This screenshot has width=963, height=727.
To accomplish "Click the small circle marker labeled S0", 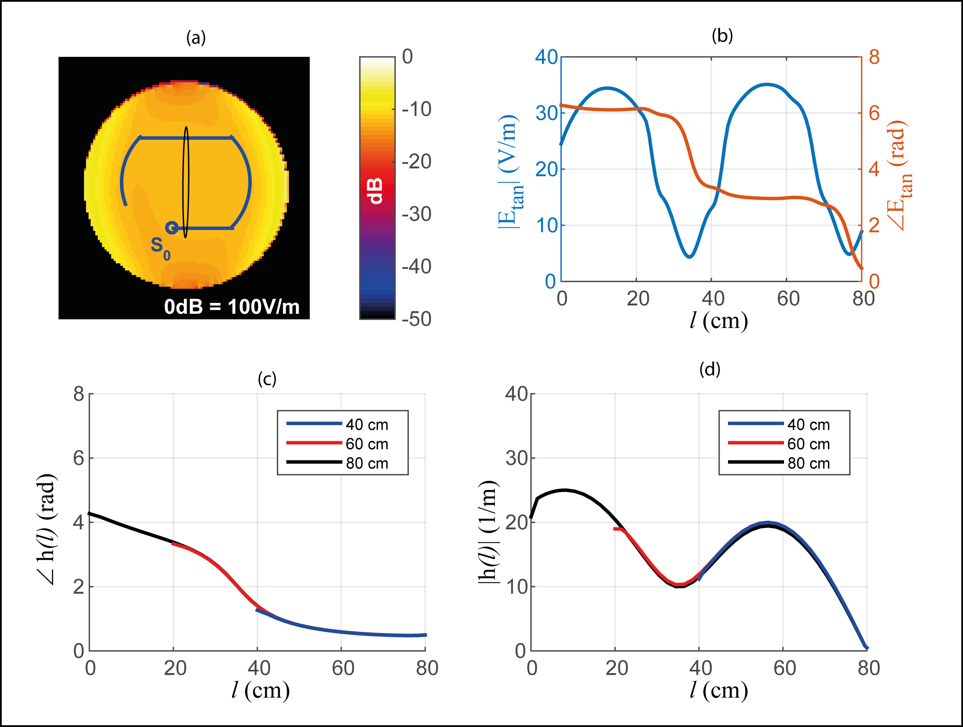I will [x=171, y=228].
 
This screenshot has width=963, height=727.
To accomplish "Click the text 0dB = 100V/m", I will [x=232, y=307].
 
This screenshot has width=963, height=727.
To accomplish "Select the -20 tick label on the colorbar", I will [x=416, y=161].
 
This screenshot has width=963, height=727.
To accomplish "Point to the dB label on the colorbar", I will [x=375, y=191].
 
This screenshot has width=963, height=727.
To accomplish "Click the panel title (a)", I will [x=196, y=38].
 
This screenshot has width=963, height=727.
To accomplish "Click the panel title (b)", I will [x=722, y=36].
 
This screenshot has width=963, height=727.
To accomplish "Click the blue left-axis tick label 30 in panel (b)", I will [x=547, y=113].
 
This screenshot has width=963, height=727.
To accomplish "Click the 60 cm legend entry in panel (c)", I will [x=367, y=444].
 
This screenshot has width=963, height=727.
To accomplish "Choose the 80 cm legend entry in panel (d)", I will [x=808, y=463].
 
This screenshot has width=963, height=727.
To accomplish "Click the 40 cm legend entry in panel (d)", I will [x=808, y=424].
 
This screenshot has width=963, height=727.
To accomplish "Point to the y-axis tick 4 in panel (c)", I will [x=79, y=522].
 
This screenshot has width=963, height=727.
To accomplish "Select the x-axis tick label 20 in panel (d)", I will [x=616, y=668].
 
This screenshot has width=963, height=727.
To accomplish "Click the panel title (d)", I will [x=710, y=369].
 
